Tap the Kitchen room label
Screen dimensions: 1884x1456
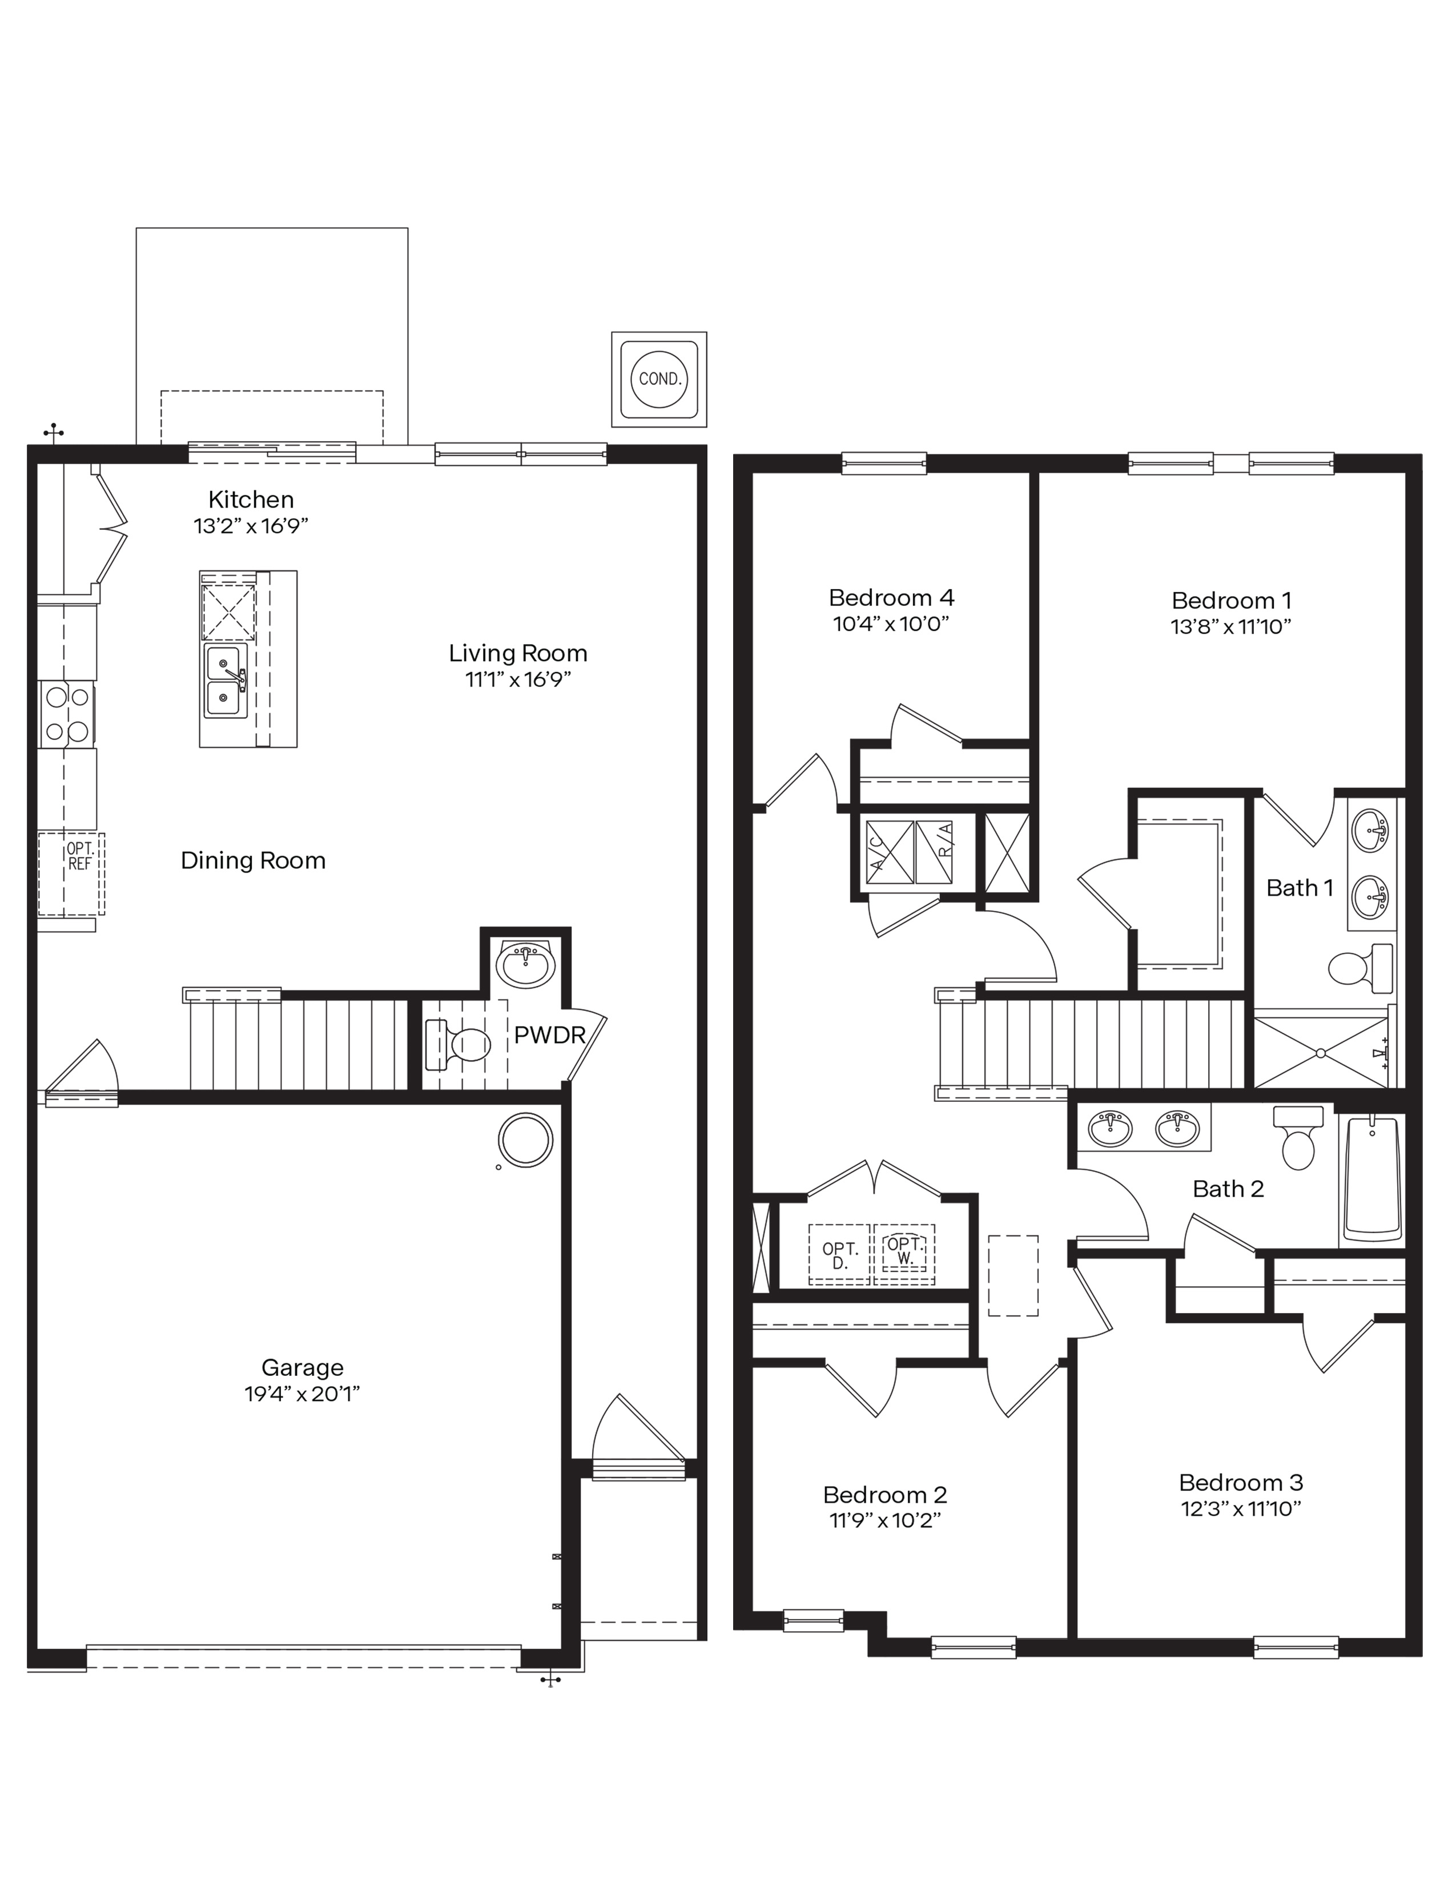[251, 500]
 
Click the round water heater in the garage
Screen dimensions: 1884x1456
[525, 1141]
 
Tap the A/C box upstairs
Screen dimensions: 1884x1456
[888, 852]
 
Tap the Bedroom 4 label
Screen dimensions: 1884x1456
[891, 598]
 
